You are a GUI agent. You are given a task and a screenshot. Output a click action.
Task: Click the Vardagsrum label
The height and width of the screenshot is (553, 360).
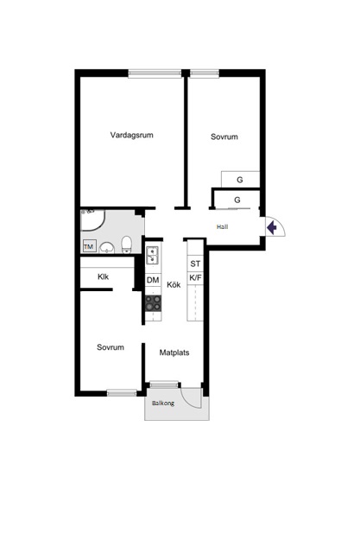[132, 135]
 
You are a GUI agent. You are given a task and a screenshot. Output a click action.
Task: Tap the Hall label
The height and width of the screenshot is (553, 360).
[222, 226]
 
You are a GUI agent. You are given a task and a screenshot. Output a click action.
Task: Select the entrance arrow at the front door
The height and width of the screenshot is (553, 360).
[272, 227]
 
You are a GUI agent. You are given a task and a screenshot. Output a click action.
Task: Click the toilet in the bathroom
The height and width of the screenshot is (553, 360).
[126, 244]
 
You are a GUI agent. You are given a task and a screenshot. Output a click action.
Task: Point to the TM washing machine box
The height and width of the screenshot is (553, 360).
[89, 246]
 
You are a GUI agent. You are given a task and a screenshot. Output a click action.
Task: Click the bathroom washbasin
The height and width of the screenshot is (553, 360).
[107, 248]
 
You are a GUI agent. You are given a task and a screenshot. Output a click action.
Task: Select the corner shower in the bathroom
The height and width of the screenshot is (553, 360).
[92, 220]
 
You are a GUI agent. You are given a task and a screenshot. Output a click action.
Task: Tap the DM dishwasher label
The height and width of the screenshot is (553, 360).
[153, 280]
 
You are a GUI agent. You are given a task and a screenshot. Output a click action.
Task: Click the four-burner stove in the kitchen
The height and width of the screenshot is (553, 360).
[154, 303]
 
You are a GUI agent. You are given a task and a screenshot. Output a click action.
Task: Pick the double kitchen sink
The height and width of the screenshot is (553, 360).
[153, 256]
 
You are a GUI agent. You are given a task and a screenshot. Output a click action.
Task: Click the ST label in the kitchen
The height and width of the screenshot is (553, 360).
[195, 264]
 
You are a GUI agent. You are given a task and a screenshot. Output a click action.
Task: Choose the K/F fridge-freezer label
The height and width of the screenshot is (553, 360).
[195, 278]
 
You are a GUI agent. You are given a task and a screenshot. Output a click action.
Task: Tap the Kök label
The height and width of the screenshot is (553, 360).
[174, 284]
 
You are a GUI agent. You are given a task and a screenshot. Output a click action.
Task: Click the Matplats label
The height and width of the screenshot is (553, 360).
[174, 353]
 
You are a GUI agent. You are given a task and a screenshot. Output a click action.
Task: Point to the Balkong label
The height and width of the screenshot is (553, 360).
[163, 404]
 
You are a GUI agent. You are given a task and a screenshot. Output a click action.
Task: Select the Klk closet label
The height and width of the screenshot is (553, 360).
[104, 276]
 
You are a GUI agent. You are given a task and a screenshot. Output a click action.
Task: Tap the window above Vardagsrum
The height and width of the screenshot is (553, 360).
[155, 73]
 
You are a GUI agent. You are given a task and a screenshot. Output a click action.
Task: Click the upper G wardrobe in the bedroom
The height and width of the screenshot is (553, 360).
[240, 180]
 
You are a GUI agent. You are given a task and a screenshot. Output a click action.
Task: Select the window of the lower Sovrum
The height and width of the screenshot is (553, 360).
[122, 392]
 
